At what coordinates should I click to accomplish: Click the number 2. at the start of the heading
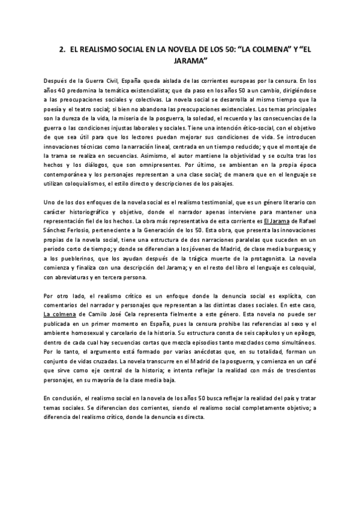pos(62,52)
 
